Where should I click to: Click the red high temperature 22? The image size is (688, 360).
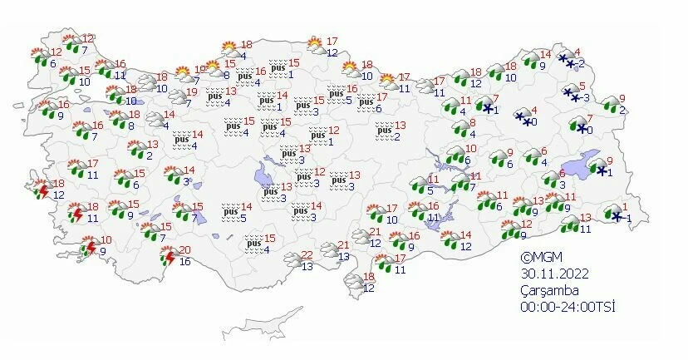tap(307, 255)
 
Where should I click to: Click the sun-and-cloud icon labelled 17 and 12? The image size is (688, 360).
tap(316, 45)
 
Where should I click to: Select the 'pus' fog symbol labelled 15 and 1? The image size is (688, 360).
tap(278, 68)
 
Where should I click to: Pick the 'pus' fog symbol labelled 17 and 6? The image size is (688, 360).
tap(366, 102)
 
